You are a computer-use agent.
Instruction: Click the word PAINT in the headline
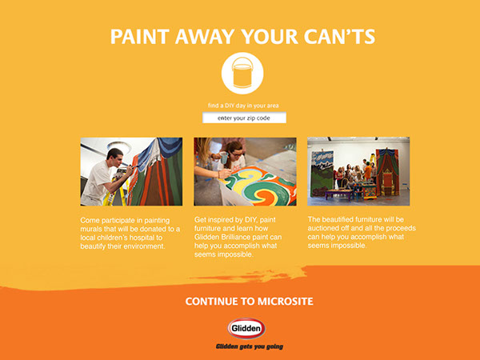[x=140, y=37]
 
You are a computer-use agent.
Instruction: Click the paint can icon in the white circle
[x=242, y=73]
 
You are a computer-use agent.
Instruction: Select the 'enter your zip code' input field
[x=244, y=118]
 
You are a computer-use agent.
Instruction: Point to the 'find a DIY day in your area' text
[x=243, y=106]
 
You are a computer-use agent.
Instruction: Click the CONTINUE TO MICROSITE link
[x=249, y=302]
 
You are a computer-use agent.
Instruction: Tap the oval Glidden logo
[x=246, y=329]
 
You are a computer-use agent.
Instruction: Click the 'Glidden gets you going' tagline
[x=249, y=346]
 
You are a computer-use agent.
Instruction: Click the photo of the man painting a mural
[x=131, y=172]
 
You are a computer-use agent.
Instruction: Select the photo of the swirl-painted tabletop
[x=245, y=172]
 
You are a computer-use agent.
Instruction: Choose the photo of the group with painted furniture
[x=358, y=171]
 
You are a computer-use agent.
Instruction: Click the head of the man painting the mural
[x=114, y=158]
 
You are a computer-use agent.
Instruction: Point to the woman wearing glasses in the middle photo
[x=234, y=156]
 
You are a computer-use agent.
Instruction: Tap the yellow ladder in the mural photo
[x=116, y=190]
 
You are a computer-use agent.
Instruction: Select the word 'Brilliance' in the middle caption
[x=238, y=238]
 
